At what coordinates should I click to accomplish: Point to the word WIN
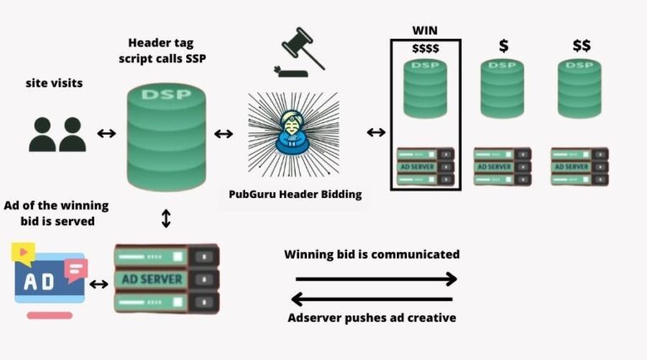[x=425, y=30]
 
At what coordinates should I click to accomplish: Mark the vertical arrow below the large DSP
[x=166, y=218]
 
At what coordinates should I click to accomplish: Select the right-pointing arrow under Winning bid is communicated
[x=376, y=278]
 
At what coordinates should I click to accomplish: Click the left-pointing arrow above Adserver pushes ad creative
[x=372, y=298]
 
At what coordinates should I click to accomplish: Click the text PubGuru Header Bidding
[x=295, y=194]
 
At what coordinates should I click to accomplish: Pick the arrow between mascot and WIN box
[x=376, y=132]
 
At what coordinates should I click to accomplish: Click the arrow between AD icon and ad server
[x=99, y=284]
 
